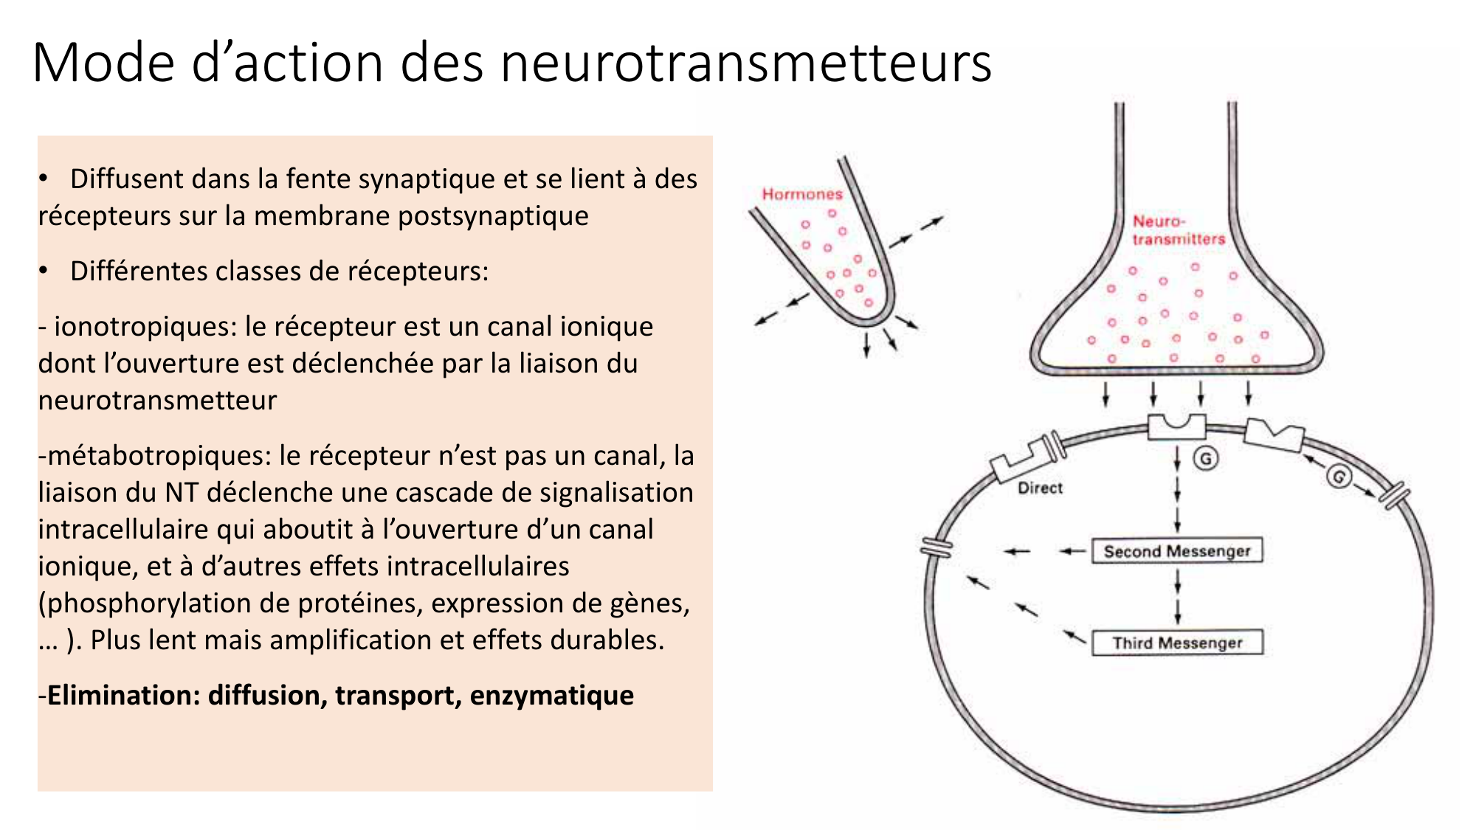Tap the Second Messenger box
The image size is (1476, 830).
(1177, 551)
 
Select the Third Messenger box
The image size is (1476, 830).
(1177, 643)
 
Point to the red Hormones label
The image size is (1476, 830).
(802, 194)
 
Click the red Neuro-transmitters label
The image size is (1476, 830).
(1178, 230)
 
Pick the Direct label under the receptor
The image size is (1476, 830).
(1040, 488)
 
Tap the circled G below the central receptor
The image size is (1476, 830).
(1206, 459)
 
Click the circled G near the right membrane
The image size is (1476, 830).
(1339, 476)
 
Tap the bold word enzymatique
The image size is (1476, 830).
(551, 695)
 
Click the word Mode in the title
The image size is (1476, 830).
(104, 63)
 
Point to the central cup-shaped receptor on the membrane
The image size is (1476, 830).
(1176, 427)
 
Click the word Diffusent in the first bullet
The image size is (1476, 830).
(127, 179)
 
